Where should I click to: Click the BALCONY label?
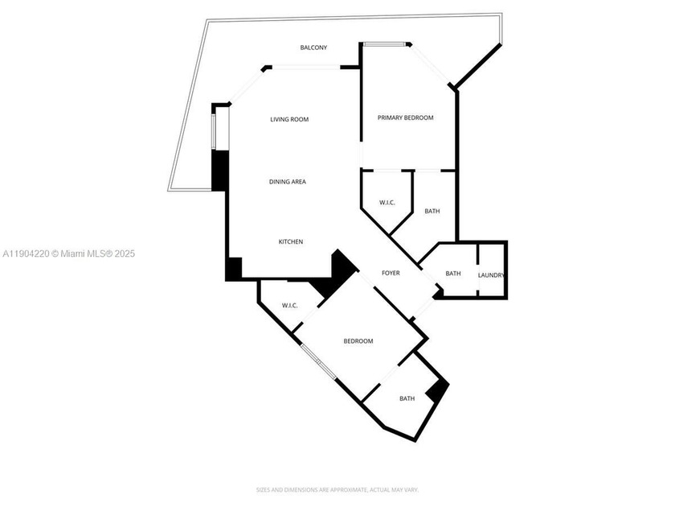[313, 47]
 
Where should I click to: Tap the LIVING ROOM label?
[289, 120]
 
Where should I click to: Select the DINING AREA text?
[287, 182]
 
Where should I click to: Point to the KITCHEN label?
[290, 242]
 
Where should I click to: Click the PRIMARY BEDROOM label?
[406, 117]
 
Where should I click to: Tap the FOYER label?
[391, 273]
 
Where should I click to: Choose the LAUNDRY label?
[491, 274]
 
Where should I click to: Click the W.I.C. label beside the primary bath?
[387, 202]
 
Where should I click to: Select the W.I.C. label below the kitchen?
[290, 306]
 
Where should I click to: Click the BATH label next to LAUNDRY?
[453, 274]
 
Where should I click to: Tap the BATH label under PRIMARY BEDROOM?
[432, 211]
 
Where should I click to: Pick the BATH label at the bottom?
[407, 398]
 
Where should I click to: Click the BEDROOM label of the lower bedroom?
[358, 341]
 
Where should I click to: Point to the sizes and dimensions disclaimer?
[337, 489]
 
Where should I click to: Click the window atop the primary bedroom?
[386, 43]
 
